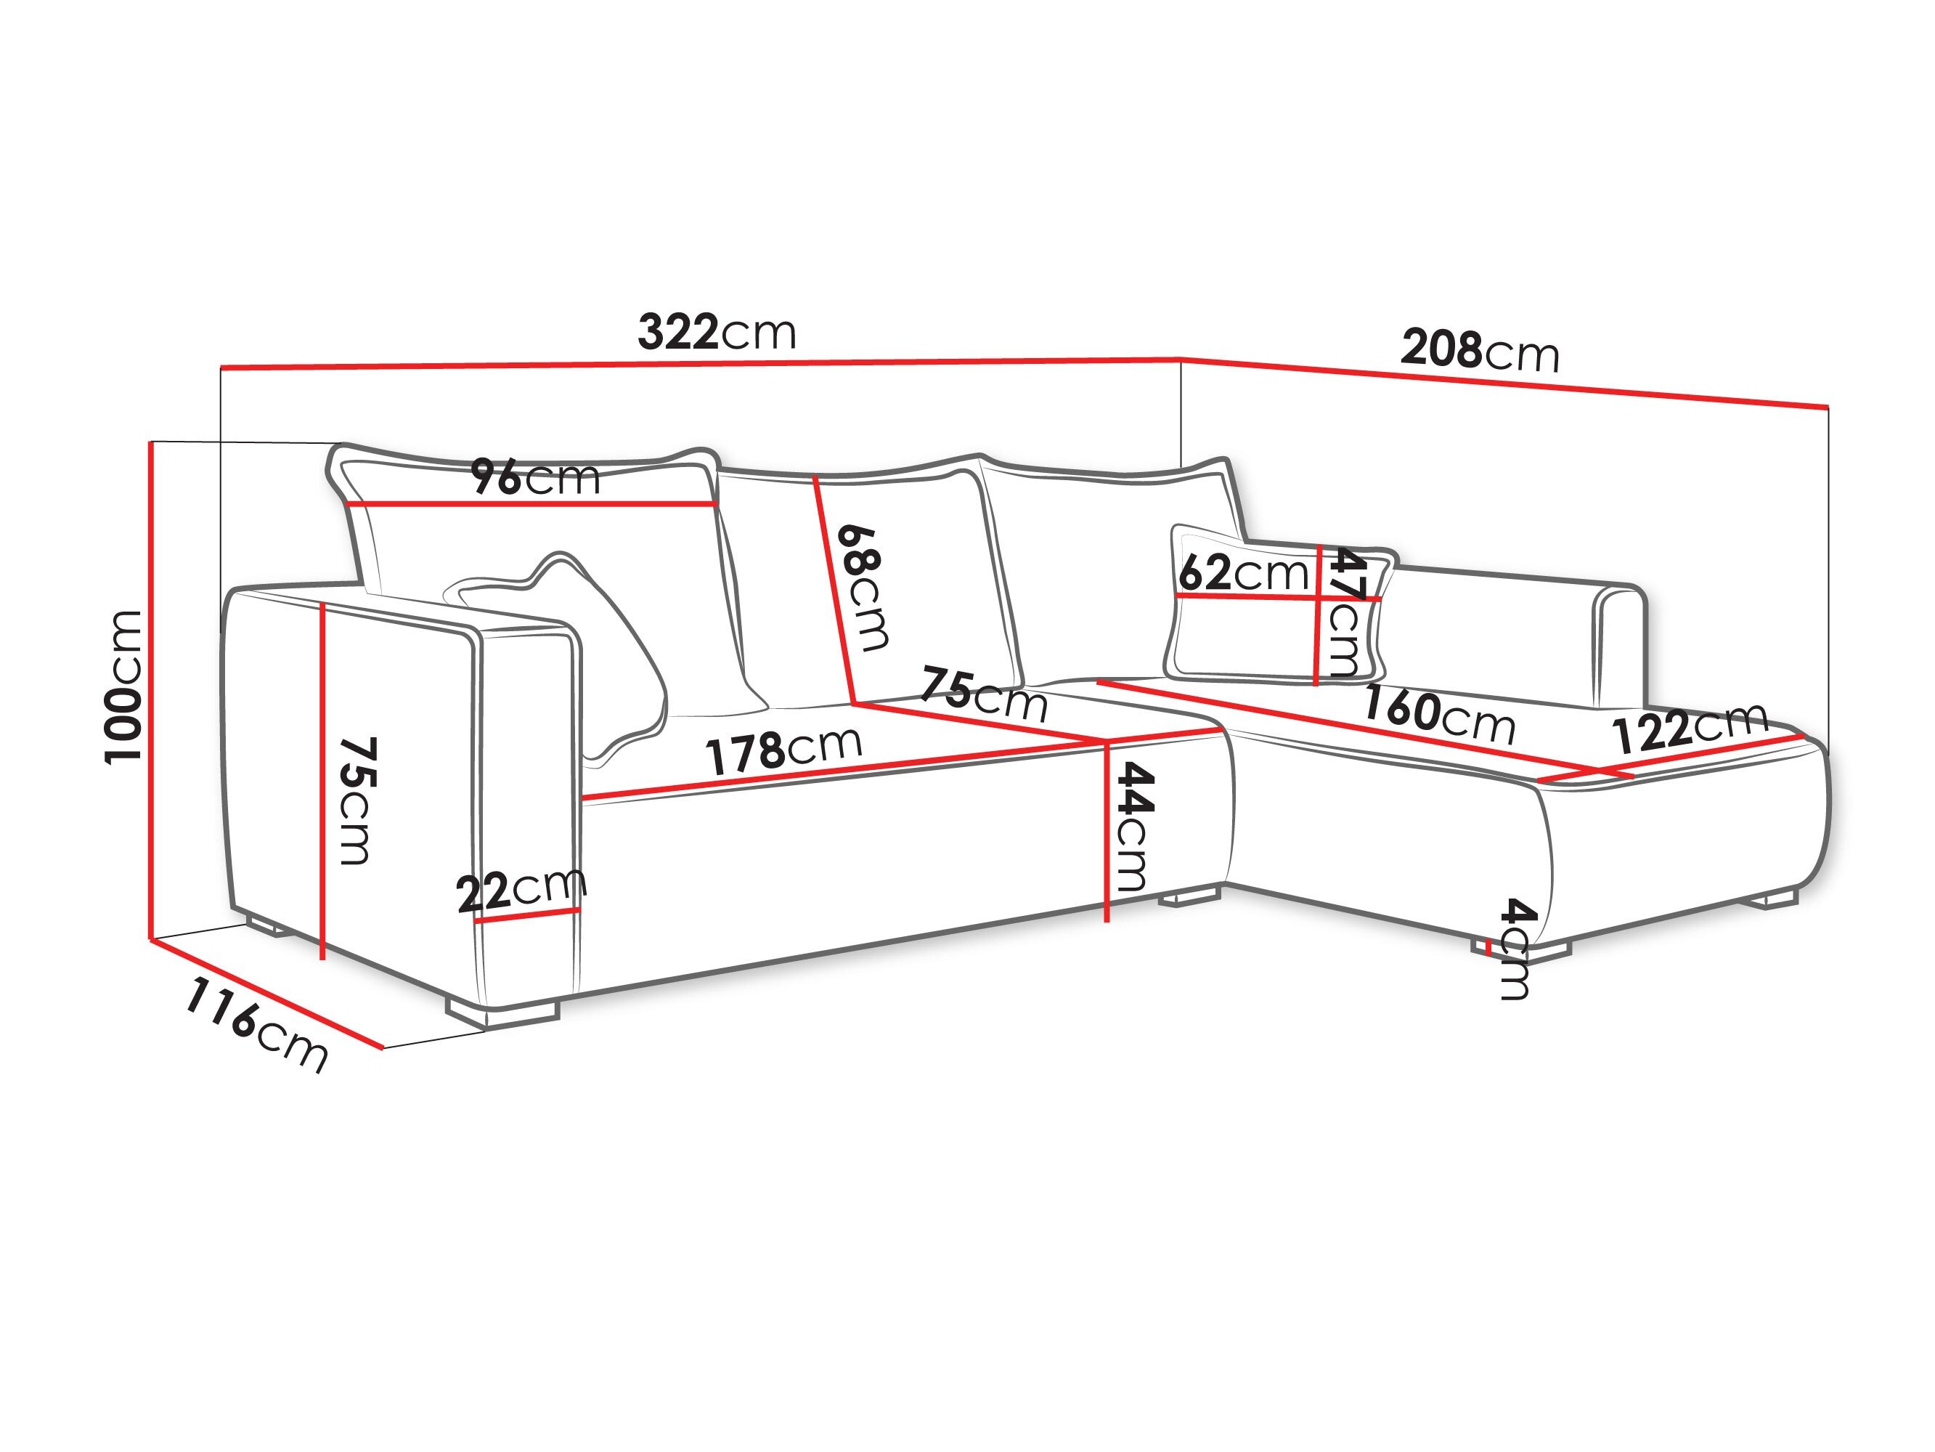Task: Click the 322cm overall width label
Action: (717, 333)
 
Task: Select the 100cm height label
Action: (123, 687)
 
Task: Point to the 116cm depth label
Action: (256, 1025)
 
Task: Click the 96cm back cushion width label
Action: (535, 478)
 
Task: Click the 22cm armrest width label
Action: (521, 890)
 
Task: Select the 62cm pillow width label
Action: (1242, 573)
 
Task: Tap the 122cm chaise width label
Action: (1689, 727)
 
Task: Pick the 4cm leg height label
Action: (1516, 949)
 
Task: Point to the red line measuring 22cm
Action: (526, 915)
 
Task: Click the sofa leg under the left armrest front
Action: (503, 1013)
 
